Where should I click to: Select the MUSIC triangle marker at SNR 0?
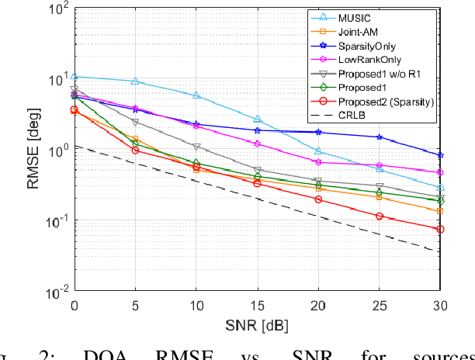pos(75,76)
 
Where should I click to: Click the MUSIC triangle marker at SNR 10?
pos(196,95)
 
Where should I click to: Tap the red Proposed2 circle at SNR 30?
pos(440,229)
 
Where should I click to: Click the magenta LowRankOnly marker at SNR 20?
pos(318,161)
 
